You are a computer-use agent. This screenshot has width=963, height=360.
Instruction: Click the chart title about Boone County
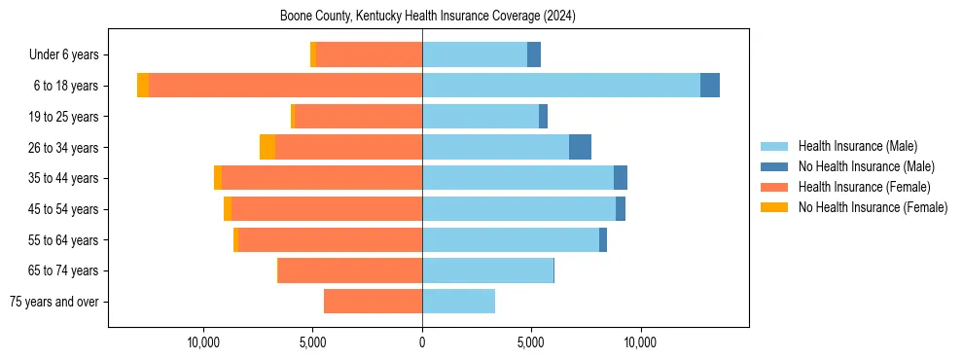[x=428, y=16]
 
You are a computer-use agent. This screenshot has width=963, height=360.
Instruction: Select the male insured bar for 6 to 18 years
[x=560, y=86]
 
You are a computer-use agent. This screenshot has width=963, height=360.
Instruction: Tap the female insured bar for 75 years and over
[x=373, y=302]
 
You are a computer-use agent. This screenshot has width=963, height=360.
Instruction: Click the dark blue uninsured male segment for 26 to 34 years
[x=580, y=147]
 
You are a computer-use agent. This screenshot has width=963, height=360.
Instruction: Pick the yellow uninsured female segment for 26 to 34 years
[x=267, y=147]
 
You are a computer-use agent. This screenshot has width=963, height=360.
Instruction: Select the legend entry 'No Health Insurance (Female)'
[x=873, y=207]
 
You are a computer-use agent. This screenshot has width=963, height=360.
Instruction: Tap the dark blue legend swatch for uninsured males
[x=775, y=166]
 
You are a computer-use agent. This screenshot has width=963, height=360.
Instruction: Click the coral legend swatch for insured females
[x=775, y=187]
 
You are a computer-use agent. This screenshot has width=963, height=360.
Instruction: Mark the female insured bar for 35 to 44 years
[x=322, y=178]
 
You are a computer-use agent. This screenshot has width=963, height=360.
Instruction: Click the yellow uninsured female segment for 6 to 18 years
[x=143, y=86]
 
